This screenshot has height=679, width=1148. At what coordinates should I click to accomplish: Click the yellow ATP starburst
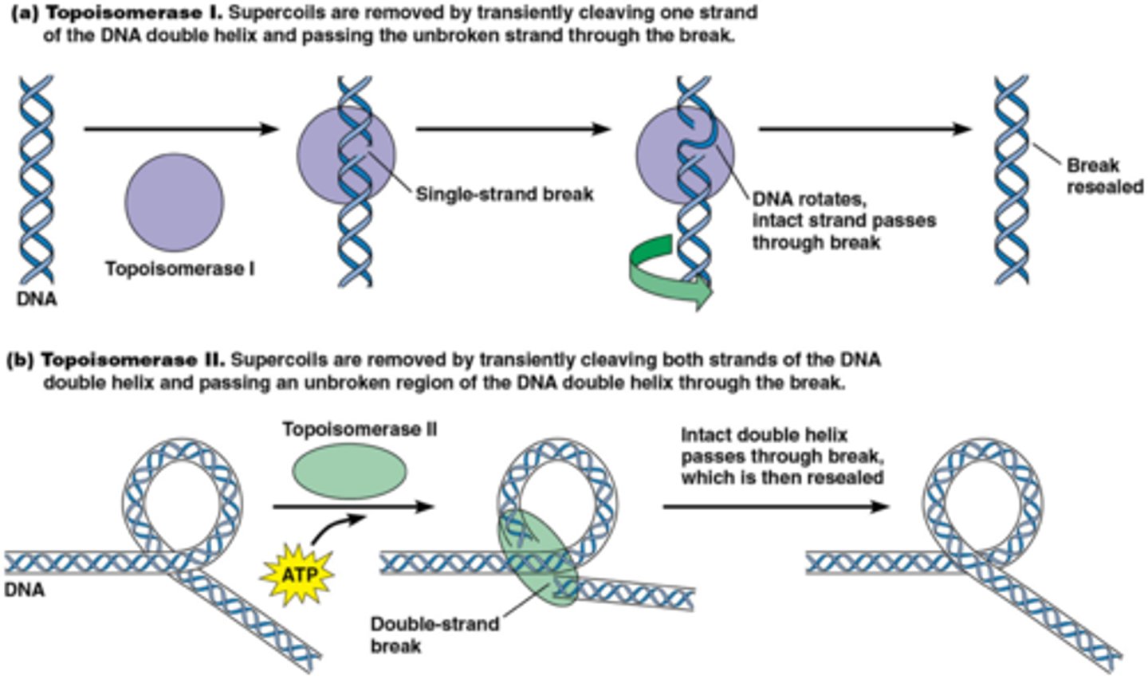tap(297, 573)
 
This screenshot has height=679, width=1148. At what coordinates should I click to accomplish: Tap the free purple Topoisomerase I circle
tap(175, 202)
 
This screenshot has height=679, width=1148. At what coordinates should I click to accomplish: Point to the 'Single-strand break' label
tap(505, 194)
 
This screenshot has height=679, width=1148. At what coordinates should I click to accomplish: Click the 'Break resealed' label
tap(1104, 176)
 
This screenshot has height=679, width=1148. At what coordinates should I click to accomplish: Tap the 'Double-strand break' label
tap(434, 634)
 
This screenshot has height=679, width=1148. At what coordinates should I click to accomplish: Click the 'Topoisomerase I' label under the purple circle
tap(180, 269)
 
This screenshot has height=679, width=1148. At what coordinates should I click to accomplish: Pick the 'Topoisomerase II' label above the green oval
tap(360, 430)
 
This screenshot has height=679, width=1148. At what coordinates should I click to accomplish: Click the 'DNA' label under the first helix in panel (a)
tap(36, 300)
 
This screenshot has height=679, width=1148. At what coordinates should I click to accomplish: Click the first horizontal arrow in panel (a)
tap(181, 129)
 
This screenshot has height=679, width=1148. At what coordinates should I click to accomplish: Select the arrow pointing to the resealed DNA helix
tap(865, 129)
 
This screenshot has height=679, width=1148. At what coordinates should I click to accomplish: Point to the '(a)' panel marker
tap(22, 13)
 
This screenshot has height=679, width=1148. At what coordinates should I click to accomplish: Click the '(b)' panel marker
tap(22, 360)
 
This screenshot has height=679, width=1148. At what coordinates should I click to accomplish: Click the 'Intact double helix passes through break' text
tap(781, 456)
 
